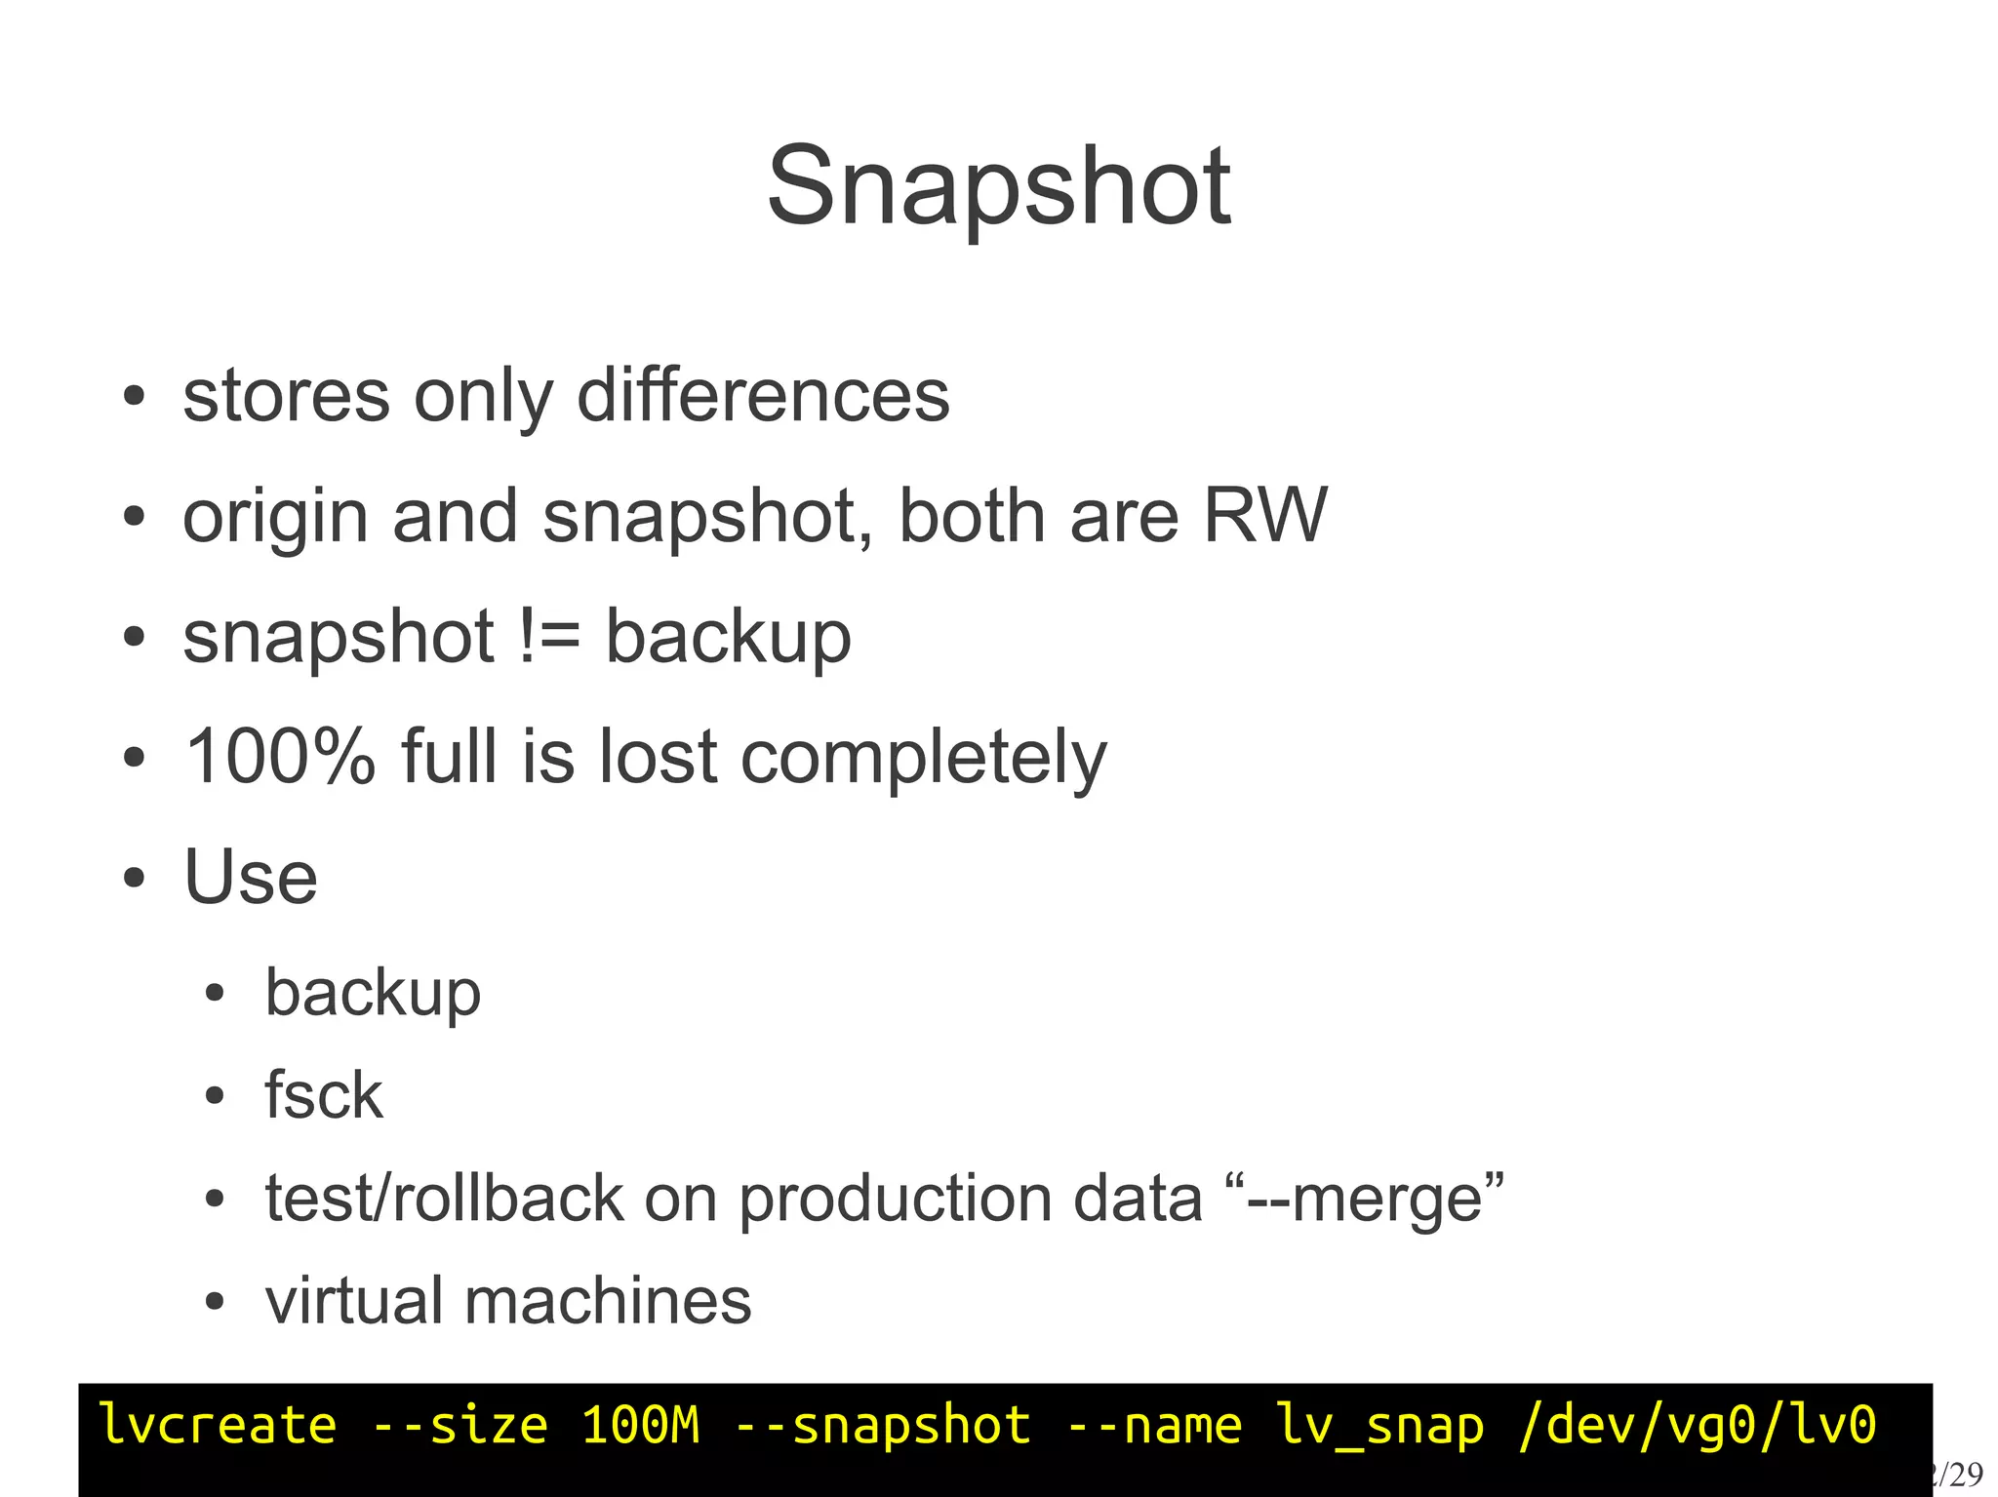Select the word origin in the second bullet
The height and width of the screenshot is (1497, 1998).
275,517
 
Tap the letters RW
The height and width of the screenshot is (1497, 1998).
1264,515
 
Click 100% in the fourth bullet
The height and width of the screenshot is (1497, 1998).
280,757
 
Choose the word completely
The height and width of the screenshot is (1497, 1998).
924,759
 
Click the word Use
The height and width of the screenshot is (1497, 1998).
251,877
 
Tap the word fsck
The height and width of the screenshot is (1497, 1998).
324,1095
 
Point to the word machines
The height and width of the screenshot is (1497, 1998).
608,1301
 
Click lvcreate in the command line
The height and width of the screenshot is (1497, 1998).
218,1426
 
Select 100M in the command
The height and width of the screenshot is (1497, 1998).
641,1426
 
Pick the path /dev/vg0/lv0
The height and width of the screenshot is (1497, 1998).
1698,1426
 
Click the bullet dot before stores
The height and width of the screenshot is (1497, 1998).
135,398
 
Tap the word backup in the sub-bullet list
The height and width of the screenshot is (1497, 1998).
373,994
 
